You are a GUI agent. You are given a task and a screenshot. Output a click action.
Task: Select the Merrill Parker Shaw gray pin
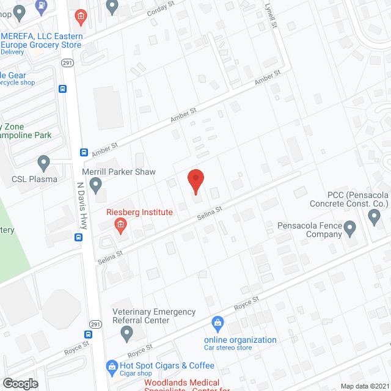pos(95,184)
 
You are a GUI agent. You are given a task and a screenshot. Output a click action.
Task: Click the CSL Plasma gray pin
pos(43,163)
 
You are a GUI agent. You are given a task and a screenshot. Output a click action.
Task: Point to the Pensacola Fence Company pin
pos(349,229)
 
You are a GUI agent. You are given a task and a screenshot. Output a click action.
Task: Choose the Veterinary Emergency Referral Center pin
pos(127,333)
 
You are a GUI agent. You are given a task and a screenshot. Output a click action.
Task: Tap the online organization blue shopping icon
pos(216,322)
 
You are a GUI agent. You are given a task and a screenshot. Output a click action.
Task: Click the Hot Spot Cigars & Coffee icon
pos(111,366)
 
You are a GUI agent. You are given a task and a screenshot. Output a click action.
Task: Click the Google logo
pos(20,383)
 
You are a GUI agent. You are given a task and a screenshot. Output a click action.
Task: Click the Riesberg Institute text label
pos(140,213)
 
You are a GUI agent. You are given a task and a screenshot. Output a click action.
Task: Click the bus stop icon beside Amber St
pos(84,152)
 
